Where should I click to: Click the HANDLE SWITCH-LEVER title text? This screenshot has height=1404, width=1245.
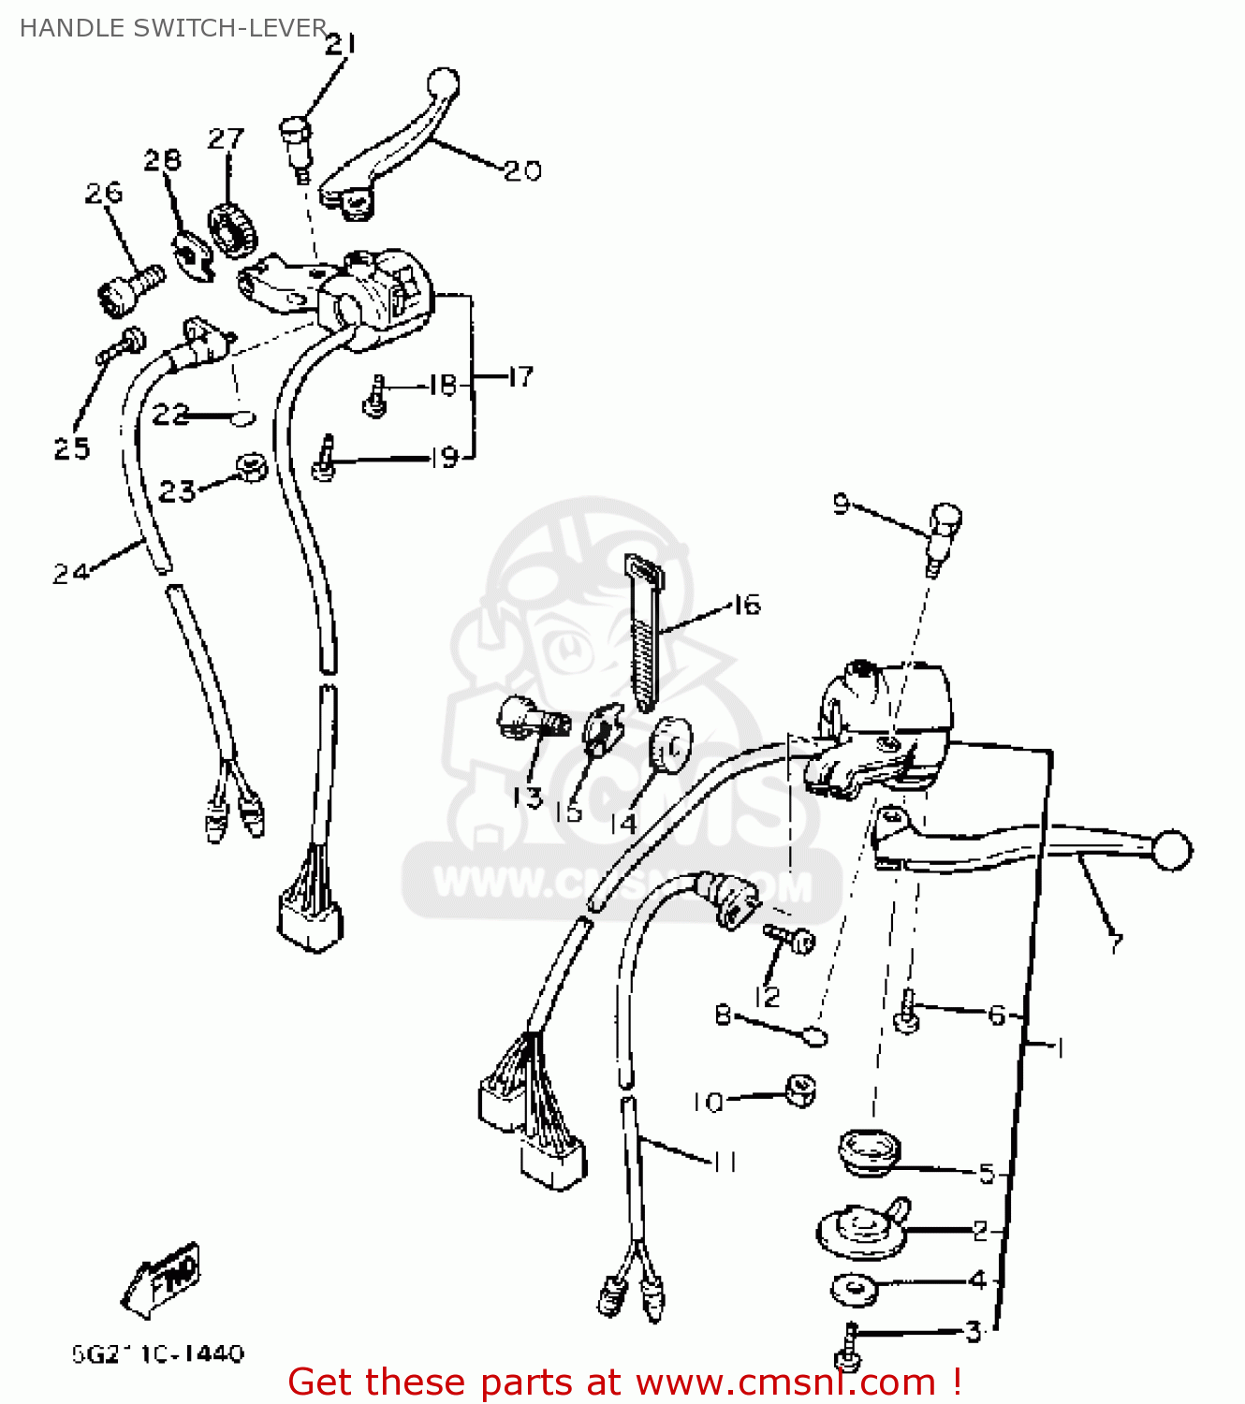click(x=173, y=28)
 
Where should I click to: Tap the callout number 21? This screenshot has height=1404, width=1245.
click(x=341, y=44)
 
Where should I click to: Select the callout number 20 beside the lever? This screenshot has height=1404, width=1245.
click(x=522, y=170)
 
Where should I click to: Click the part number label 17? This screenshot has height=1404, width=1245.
click(x=520, y=376)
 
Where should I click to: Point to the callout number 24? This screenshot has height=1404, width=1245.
click(x=71, y=572)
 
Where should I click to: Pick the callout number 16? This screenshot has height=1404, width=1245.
click(x=746, y=606)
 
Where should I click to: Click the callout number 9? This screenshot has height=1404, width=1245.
click(x=841, y=505)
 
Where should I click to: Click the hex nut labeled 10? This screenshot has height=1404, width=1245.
click(x=799, y=1090)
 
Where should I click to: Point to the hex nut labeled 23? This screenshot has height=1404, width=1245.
click(x=250, y=466)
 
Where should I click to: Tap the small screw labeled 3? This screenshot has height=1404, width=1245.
click(x=847, y=1344)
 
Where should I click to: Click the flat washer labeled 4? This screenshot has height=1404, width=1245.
click(x=854, y=1290)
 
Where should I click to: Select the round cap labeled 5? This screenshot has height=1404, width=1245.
click(x=867, y=1150)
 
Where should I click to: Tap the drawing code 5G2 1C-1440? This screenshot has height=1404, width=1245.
click(x=157, y=1353)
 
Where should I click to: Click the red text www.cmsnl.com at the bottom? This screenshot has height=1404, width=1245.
click(x=786, y=1382)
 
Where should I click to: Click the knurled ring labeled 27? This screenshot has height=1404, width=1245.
click(x=232, y=229)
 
